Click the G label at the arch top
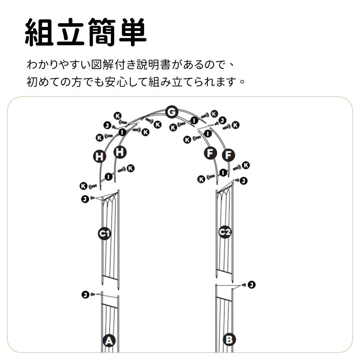point(172,113)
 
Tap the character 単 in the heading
point(131,32)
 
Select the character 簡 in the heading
point(101,32)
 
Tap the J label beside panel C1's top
point(85,198)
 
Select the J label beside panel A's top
point(85,295)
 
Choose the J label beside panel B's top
point(252,285)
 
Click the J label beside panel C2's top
point(244,180)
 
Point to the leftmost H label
point(99,157)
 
